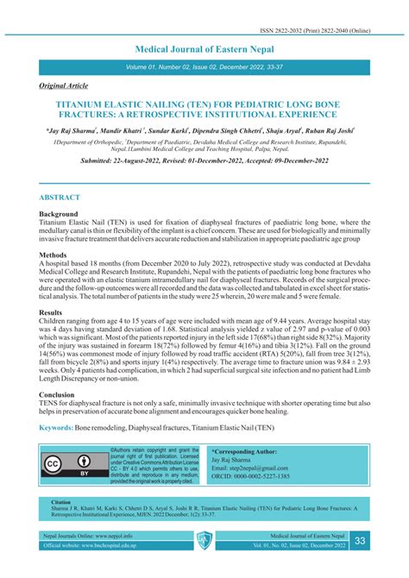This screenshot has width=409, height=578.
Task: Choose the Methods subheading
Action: point(53,254)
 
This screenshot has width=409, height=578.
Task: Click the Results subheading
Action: point(52,311)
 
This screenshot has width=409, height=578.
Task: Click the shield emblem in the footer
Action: point(204,541)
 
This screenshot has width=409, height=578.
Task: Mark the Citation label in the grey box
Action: point(60,501)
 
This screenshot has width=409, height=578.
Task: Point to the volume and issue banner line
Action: point(204,66)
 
